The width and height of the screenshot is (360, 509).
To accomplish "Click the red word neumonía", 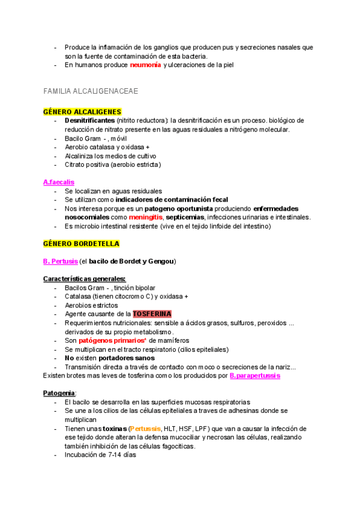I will click(x=145, y=65).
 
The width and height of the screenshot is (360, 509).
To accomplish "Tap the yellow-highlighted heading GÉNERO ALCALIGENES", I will click(x=82, y=112).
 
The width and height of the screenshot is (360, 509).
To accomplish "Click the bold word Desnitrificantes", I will click(x=90, y=121).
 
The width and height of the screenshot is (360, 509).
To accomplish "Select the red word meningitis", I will click(x=148, y=217).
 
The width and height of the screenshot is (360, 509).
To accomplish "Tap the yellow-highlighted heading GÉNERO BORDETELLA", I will click(x=81, y=244).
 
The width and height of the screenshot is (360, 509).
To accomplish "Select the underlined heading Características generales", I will click(x=85, y=279).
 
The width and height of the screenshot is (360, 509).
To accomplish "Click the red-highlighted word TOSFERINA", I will click(x=152, y=314).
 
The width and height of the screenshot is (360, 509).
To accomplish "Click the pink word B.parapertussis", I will click(x=255, y=376).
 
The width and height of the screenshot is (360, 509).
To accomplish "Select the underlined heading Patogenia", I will click(x=59, y=393).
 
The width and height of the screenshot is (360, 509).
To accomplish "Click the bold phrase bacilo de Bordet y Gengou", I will click(x=132, y=261).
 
